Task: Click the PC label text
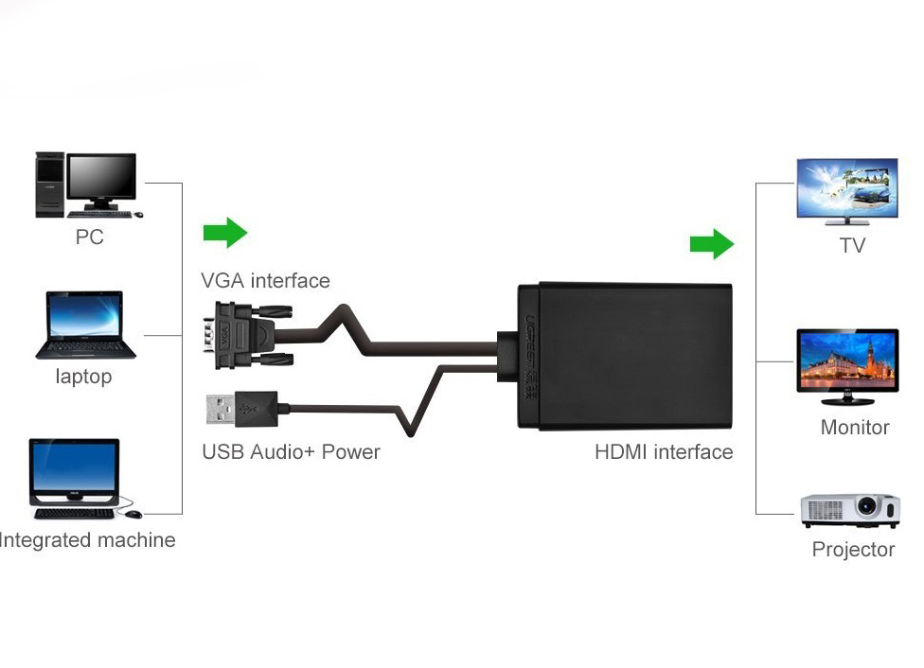(x=89, y=237)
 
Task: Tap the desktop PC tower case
(x=49, y=184)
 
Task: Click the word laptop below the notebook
(x=83, y=377)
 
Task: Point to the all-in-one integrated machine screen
(x=74, y=467)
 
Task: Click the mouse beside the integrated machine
(x=133, y=514)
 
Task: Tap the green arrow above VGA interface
(x=224, y=233)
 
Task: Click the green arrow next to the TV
(x=711, y=245)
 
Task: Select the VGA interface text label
(x=265, y=281)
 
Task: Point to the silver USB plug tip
(x=220, y=409)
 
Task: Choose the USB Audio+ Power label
(x=291, y=451)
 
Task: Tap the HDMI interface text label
(x=663, y=451)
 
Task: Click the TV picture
(x=846, y=189)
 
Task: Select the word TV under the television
(x=852, y=246)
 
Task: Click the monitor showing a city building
(x=846, y=360)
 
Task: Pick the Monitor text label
(x=854, y=428)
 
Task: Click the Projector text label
(x=852, y=550)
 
